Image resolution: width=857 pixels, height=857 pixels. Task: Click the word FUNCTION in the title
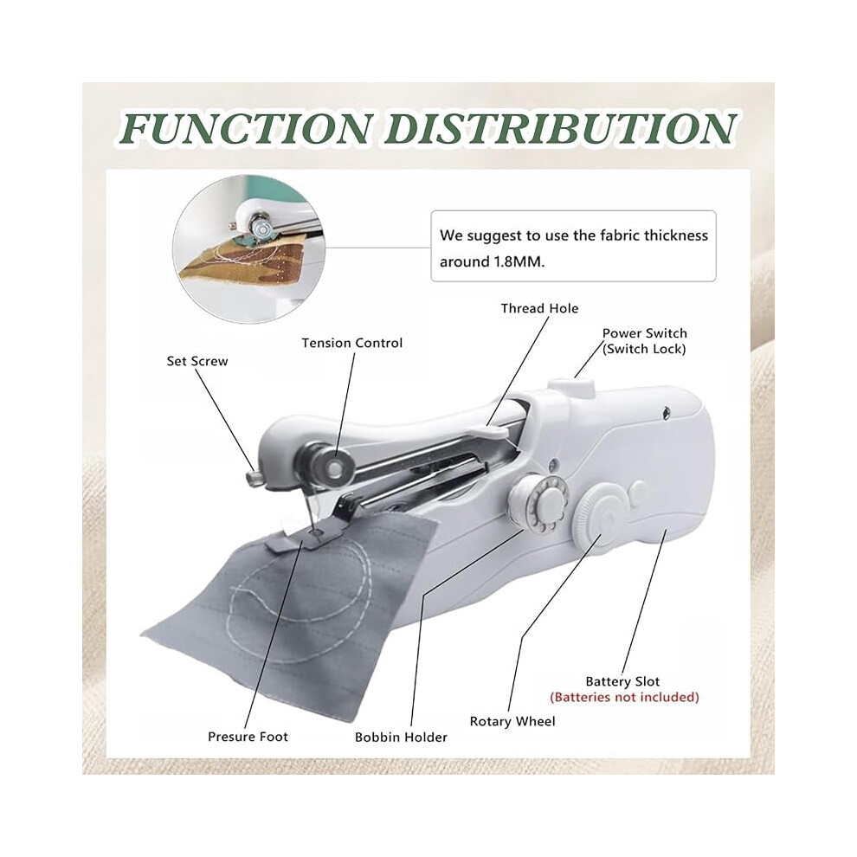pyautogui.click(x=247, y=128)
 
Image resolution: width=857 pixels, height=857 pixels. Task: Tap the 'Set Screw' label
pyautogui.click(x=197, y=361)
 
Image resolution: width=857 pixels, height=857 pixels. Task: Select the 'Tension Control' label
pyautogui.click(x=352, y=344)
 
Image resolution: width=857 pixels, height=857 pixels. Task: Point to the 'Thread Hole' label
pyautogui.click(x=539, y=309)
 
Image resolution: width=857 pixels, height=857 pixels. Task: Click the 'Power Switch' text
pyautogui.click(x=644, y=333)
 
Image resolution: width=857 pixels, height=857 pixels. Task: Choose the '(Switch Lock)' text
pyautogui.click(x=644, y=349)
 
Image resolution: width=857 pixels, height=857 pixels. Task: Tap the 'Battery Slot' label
pyautogui.click(x=622, y=681)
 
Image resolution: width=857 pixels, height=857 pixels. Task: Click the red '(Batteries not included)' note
pyautogui.click(x=625, y=698)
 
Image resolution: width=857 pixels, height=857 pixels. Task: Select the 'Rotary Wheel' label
pyautogui.click(x=512, y=721)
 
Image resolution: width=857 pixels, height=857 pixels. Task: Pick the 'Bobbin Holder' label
pyautogui.click(x=401, y=738)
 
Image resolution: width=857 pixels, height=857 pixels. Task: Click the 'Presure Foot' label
pyautogui.click(x=248, y=737)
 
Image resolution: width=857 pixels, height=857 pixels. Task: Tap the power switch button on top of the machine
pyautogui.click(x=572, y=384)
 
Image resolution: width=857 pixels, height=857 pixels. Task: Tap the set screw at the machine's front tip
pyautogui.click(x=254, y=477)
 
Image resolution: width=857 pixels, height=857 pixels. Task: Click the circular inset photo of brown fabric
pyautogui.click(x=249, y=248)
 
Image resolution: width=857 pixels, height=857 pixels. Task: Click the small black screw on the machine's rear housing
pyautogui.click(x=667, y=415)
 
